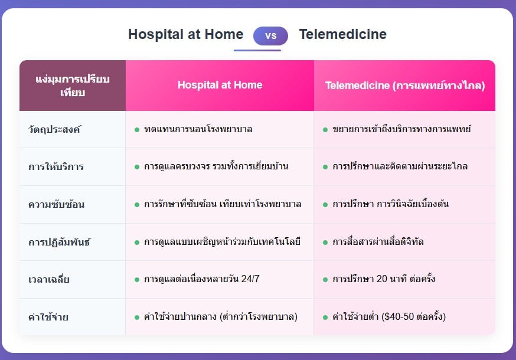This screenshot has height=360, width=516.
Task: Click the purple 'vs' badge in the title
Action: pyautogui.click(x=270, y=35)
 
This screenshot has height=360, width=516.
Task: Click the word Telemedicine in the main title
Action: pyautogui.click(x=342, y=34)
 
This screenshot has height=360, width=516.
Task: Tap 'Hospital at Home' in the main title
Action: pyautogui.click(x=185, y=34)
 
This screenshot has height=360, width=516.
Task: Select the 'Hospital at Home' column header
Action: pyautogui.click(x=220, y=85)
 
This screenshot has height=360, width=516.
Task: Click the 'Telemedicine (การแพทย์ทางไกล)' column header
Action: pyautogui.click(x=405, y=85)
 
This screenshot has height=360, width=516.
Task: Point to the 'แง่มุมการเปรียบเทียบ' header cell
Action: pyautogui.click(x=73, y=86)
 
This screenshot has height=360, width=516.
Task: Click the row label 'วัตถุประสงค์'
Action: pyautogui.click(x=54, y=129)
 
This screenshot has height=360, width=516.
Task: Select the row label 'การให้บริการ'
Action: pyautogui.click(x=56, y=166)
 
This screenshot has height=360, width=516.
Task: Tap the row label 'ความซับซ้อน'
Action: pyautogui.click(x=56, y=204)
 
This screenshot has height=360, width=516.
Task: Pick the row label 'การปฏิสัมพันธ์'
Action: pyautogui.click(x=59, y=242)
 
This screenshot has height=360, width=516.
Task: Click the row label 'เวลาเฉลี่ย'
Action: pyautogui.click(x=48, y=279)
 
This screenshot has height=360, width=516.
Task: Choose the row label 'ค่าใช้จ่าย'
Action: pyautogui.click(x=48, y=317)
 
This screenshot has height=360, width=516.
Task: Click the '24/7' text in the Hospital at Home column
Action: pyautogui.click(x=250, y=279)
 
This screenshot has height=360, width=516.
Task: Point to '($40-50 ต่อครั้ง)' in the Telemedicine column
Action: pyautogui.click(x=414, y=316)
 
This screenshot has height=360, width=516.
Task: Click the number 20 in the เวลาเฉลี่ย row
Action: pyautogui.click(x=382, y=279)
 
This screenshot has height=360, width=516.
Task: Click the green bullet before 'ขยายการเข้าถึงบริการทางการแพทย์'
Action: pyautogui.click(x=325, y=130)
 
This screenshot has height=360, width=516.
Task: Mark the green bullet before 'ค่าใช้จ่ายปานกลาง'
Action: pyautogui.click(x=137, y=318)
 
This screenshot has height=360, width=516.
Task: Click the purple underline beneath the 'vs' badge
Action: pyautogui.click(x=257, y=50)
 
